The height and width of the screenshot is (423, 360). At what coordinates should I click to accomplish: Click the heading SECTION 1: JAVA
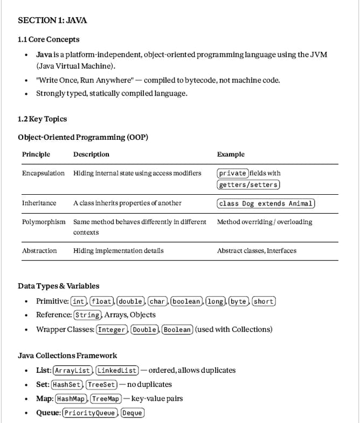coord(52,21)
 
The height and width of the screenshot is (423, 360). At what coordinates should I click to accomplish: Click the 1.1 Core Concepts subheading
coord(49,39)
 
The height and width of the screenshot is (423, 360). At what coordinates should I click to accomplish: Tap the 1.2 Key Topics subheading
coord(43,119)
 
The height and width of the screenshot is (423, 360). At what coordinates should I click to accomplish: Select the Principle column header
coord(36,154)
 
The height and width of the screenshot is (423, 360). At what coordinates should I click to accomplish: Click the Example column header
coord(231,154)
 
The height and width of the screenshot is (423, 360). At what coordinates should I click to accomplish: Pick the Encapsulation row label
coord(43,173)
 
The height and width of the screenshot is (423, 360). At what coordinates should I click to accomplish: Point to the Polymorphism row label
coord(44,222)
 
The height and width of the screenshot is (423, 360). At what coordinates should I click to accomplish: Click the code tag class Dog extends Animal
coord(266,203)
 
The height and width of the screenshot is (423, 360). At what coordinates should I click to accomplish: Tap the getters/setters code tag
coord(248,185)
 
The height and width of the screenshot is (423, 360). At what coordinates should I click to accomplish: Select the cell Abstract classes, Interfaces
coord(257,250)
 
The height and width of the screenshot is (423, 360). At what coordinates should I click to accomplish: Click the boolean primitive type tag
coord(186,301)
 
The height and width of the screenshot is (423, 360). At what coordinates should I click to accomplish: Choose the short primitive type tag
coord(264,301)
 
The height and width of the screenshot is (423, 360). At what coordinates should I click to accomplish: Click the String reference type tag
coord(87,315)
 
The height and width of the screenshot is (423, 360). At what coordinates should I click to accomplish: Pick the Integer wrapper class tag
coord(112,330)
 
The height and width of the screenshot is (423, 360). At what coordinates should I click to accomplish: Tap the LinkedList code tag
coord(117,371)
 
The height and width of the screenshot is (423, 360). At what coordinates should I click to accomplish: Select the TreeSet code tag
coord(101,385)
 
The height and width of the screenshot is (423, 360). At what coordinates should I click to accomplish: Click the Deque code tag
coord(133,413)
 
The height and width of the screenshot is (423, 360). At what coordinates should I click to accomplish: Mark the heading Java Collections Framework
coord(67,356)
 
